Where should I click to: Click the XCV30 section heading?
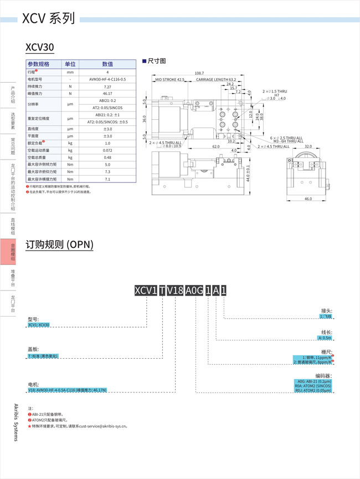[40, 48]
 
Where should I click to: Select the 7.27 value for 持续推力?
[107, 86]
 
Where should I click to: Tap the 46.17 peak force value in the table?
[107, 94]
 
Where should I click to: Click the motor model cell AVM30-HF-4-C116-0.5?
[107, 79]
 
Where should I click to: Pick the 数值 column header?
[107, 64]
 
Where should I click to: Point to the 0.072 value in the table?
[107, 150]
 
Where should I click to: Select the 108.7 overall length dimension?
[199, 73]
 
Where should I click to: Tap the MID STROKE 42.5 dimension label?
[169, 80]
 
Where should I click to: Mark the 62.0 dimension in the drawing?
[215, 147]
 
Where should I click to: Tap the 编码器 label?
[323, 376]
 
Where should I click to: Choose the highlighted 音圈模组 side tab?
[13, 253]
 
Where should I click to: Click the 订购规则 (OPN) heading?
[60, 244]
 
